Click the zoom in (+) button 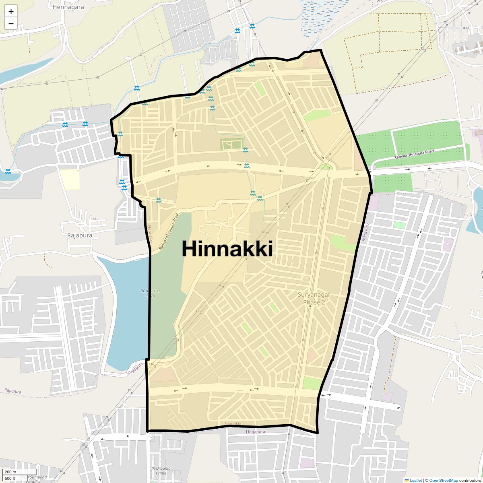pyautogui.click(x=11, y=11)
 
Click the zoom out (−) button pyautogui.click(x=11, y=23)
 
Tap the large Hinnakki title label pyautogui.click(x=227, y=249)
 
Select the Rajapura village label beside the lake pyautogui.click(x=80, y=235)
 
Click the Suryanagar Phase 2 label pyautogui.click(x=314, y=298)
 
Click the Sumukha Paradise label pyautogui.click(x=37, y=479)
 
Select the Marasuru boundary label pyautogui.click(x=365, y=232)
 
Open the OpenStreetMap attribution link pyautogui.click(x=443, y=480)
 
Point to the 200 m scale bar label pyautogui.click(x=10, y=472)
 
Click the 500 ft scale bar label pyautogui.click(x=10, y=479)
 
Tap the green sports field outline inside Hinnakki pyautogui.click(x=231, y=144)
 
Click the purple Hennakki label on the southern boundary pyautogui.click(x=232, y=424)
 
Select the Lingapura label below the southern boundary pyautogui.click(x=255, y=432)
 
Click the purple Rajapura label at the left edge pyautogui.click(x=12, y=391)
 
